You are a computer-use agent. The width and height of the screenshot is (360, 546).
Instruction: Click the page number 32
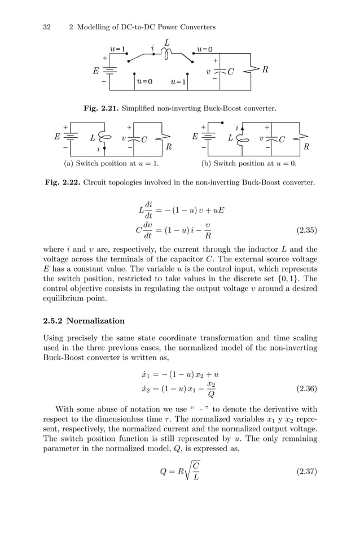47,27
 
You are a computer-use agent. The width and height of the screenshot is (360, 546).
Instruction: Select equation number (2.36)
306,388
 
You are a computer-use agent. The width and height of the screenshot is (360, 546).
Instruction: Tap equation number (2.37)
306,471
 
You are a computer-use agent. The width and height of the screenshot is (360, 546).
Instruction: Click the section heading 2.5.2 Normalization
84,321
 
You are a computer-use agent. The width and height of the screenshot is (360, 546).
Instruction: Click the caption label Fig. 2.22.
62,182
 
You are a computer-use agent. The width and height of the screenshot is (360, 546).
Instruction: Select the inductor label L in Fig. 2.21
167,42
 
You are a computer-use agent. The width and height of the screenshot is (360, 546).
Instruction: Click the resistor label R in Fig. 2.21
265,70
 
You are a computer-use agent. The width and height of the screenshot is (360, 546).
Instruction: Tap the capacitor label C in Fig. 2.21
230,72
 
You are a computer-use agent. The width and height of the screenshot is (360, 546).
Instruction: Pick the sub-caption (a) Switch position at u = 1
109,164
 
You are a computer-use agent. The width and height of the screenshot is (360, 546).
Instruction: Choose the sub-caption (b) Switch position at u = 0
249,164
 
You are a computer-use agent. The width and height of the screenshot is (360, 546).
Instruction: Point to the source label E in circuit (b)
195,136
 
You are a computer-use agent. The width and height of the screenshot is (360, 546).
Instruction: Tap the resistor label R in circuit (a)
168,147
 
